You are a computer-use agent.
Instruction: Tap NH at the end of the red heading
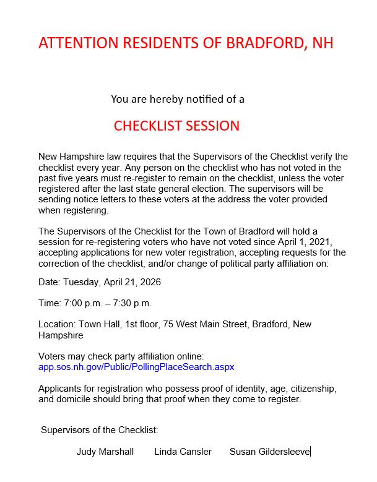coord(323,43)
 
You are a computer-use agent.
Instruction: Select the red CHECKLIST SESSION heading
coord(176,126)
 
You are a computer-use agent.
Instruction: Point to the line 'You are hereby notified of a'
coord(178,99)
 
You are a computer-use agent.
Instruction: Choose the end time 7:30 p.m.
coord(131,303)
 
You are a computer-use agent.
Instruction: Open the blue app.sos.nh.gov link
coord(136,367)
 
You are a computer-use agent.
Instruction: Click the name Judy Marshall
coord(105,452)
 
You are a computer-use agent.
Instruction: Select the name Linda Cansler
coord(183,452)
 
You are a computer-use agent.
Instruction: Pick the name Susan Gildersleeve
coord(269,452)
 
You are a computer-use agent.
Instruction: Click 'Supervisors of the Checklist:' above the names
coord(100,429)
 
